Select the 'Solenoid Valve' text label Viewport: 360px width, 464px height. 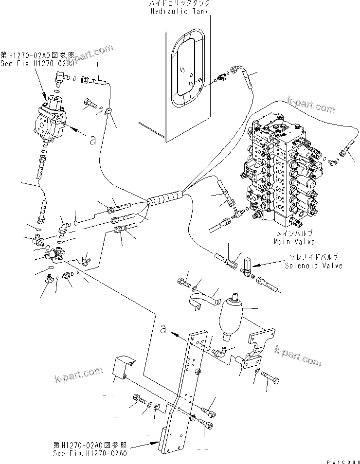click(314, 266)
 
